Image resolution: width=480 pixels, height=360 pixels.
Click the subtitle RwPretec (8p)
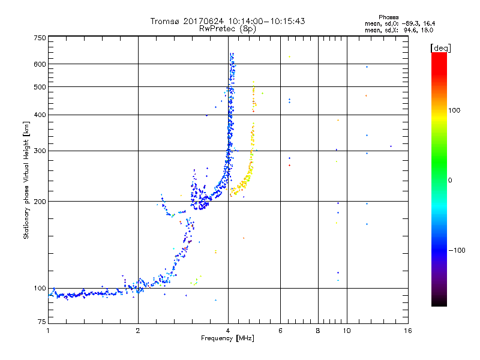pyautogui.click(x=228, y=28)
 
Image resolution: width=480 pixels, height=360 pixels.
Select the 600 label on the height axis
pyautogui.click(x=40, y=64)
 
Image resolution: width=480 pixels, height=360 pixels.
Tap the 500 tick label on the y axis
pyautogui.click(x=40, y=86)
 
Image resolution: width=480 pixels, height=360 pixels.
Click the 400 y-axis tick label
pyautogui.click(x=40, y=115)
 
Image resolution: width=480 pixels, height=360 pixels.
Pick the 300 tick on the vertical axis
pyautogui.click(x=40, y=150)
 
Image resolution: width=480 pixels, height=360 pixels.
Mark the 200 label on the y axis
pyautogui.click(x=40, y=201)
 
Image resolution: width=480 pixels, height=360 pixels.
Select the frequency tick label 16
pyautogui.click(x=407, y=331)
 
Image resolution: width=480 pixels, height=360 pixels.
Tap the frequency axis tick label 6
pyautogui.click(x=280, y=331)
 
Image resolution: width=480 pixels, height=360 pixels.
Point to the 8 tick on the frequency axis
pyautogui.click(x=318, y=331)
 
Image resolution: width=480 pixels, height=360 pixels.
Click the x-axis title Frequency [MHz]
pyautogui.click(x=228, y=339)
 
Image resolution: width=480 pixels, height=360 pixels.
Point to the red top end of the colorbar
pyautogui.click(x=439, y=55)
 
